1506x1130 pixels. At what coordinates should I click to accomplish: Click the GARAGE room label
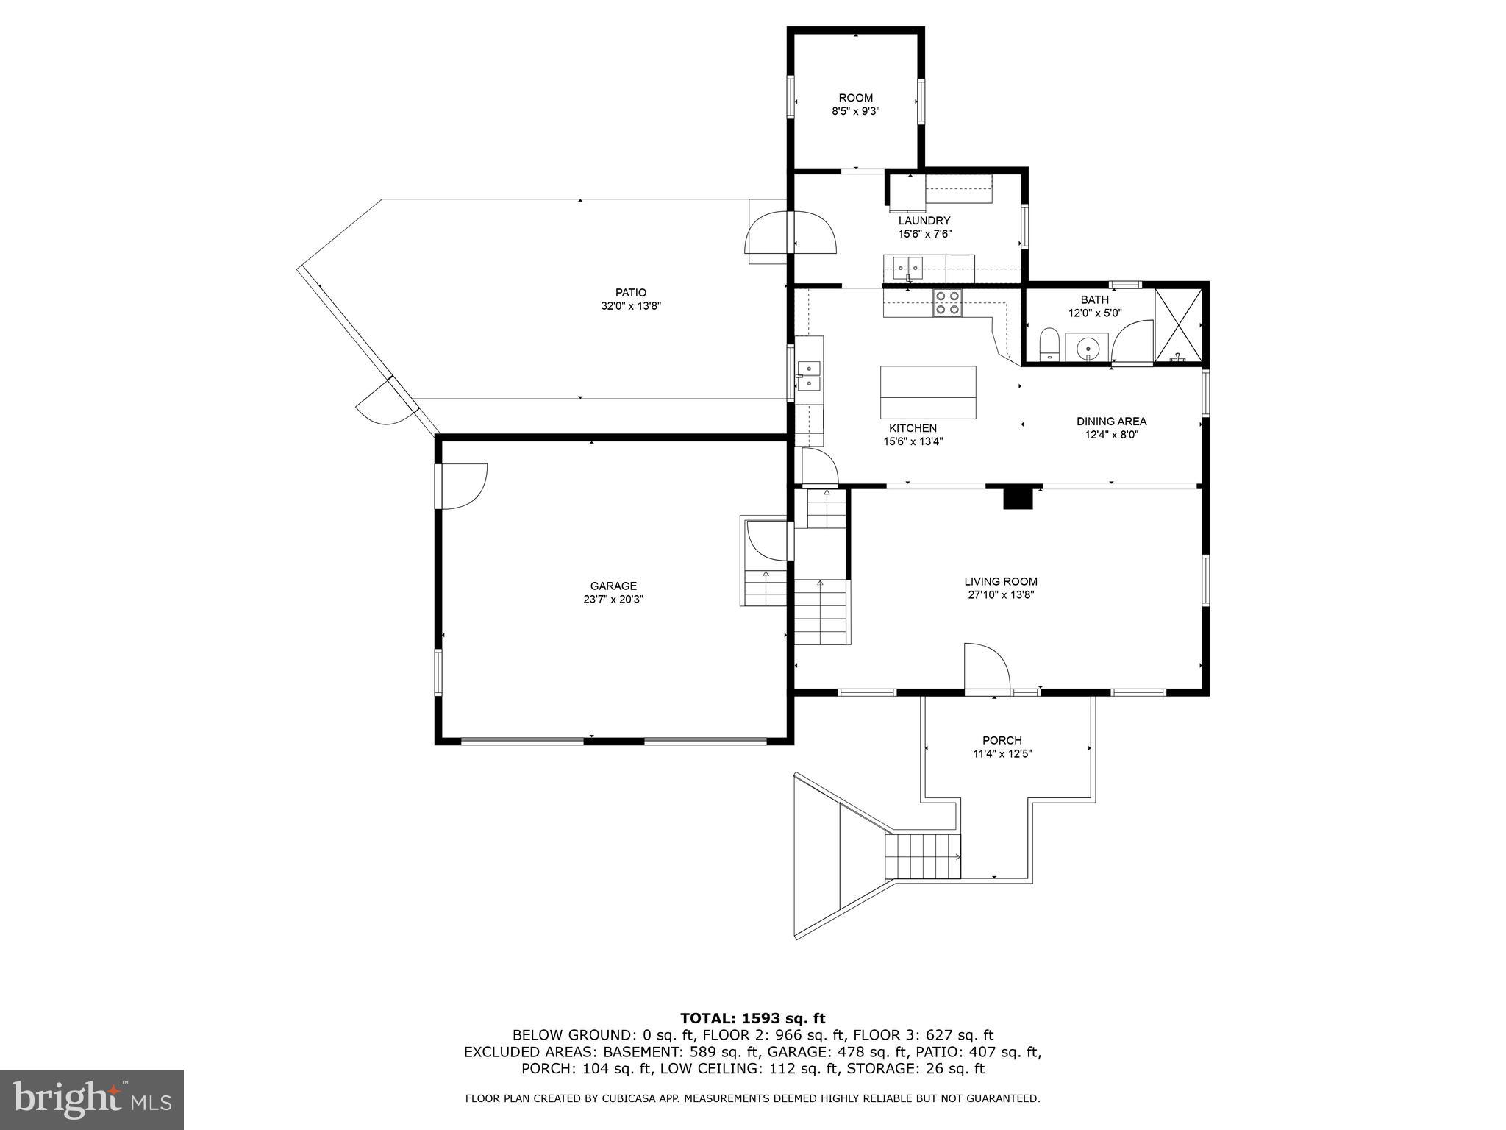(613, 586)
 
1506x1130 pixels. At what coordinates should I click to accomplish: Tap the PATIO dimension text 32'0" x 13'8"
(631, 306)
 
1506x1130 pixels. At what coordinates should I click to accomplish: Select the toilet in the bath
(1049, 346)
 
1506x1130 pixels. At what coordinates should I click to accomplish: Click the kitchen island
(928, 392)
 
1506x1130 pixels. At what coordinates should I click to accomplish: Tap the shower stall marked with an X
(1178, 325)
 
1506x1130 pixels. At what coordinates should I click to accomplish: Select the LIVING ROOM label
(1001, 581)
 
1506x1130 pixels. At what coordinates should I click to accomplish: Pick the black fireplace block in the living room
(1018, 498)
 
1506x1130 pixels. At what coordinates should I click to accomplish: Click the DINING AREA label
(1111, 422)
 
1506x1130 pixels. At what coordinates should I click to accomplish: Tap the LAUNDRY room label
(924, 221)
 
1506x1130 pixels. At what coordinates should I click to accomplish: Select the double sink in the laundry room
(908, 266)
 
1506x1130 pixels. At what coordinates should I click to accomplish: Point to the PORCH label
(1002, 740)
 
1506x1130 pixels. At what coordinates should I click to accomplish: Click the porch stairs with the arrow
(924, 856)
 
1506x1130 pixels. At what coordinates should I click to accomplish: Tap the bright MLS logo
(92, 1099)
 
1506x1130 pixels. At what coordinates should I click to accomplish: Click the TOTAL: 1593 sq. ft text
(752, 1019)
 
